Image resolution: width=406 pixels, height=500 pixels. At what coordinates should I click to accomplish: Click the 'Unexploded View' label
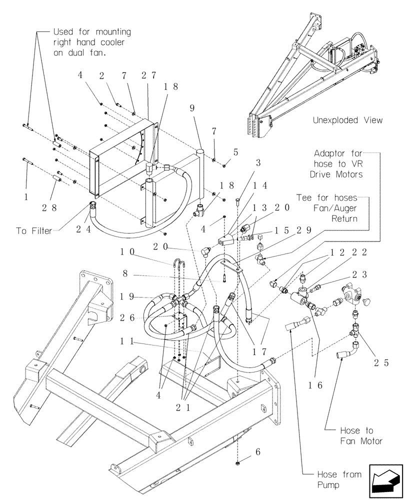(x=347, y=120)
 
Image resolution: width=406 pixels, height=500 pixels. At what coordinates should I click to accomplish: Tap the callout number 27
(x=148, y=76)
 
